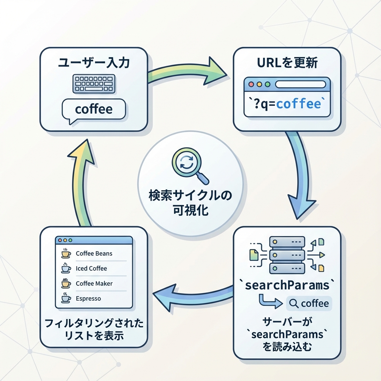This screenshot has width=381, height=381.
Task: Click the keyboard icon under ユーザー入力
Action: coord(94,84)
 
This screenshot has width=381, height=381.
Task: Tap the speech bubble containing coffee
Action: coord(94,109)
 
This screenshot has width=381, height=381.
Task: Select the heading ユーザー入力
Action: coord(94,63)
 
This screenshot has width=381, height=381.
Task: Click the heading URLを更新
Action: coord(287,63)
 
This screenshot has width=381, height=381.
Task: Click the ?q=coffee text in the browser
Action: coord(286,104)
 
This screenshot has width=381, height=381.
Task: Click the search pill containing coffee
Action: coord(309,304)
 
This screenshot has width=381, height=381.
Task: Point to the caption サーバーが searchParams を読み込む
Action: coord(287,334)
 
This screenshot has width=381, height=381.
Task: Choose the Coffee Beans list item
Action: coord(94,253)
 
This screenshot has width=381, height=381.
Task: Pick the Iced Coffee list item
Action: coord(91,268)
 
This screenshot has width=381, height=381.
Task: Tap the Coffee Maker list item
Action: coord(94,284)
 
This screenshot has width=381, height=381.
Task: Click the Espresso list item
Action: coord(88,298)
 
